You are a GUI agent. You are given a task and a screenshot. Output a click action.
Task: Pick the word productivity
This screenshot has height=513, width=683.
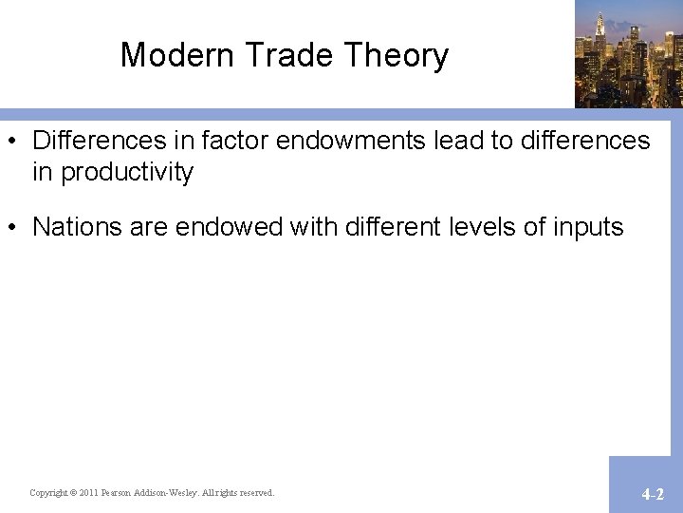127,172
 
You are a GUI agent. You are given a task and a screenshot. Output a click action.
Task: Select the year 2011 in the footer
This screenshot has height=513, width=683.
88,493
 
